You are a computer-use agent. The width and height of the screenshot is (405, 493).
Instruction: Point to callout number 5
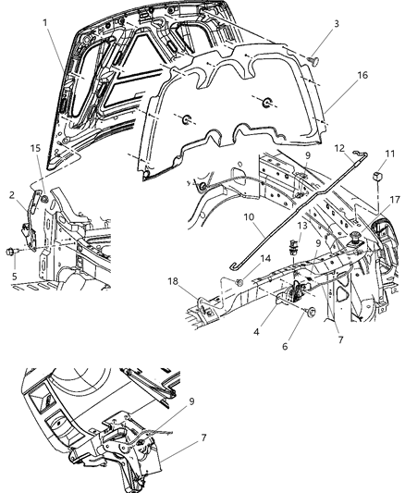pos(15,275)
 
